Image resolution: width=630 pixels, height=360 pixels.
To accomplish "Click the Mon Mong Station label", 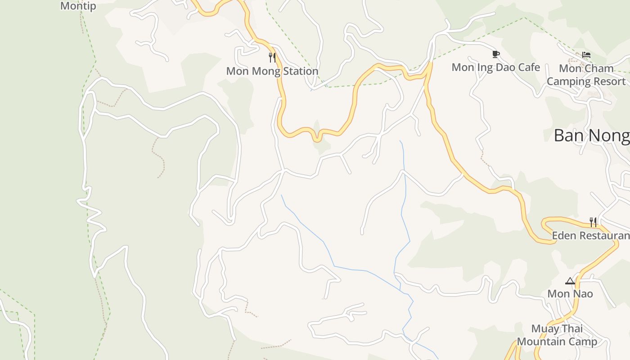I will (x=272, y=71).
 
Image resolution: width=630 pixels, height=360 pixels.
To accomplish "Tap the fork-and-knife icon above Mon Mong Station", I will (x=272, y=57).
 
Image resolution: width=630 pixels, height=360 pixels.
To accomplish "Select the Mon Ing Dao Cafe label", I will (x=495, y=67).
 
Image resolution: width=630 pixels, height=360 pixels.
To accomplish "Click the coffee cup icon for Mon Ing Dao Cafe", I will (x=495, y=54).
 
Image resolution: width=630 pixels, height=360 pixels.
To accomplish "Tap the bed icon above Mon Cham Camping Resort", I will (x=586, y=55).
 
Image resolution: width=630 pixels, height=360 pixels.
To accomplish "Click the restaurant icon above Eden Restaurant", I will (x=593, y=222).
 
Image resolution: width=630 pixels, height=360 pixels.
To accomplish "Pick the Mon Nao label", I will (x=570, y=294).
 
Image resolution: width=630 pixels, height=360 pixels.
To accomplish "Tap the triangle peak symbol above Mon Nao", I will (x=570, y=281).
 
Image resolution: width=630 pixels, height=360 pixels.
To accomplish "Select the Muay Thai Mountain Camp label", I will (x=557, y=335).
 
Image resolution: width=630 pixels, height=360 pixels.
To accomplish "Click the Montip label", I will (x=78, y=6).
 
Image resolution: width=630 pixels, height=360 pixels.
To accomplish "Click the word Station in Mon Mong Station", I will (x=299, y=71).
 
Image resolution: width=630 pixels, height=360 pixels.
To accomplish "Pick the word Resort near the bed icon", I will (x=609, y=81).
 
